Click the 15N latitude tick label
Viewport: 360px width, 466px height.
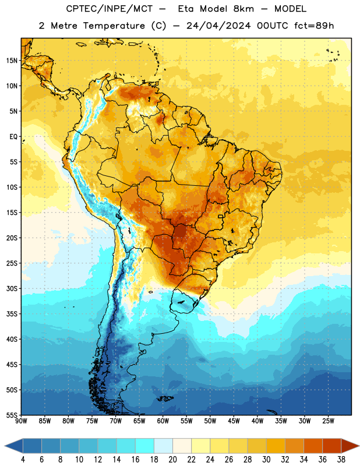pos(12,61)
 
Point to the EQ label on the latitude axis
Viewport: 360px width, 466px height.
pos(13,137)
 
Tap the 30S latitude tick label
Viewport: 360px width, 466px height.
pos(12,288)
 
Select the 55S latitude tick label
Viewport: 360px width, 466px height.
pos(12,415)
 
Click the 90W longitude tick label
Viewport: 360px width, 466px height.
pos(21,421)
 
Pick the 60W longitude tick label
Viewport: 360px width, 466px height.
pos(163,421)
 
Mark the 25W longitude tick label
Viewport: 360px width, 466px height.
pos(328,421)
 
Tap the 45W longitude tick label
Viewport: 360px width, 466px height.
pos(234,421)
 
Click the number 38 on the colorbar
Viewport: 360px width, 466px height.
pos(341,460)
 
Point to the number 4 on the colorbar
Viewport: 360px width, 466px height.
pos(23,460)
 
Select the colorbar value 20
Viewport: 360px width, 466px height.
pos(172,460)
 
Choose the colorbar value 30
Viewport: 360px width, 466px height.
pos(266,460)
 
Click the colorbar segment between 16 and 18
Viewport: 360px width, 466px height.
pos(145,446)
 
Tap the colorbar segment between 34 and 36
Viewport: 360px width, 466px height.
pos(313,446)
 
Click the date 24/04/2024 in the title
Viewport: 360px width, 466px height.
pos(218,26)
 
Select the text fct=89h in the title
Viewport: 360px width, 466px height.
pos(314,26)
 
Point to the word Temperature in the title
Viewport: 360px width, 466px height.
pos(114,26)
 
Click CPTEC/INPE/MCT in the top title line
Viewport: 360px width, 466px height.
pos(110,9)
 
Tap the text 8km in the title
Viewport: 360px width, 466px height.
pos(243,9)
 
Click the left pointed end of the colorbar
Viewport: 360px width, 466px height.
pos(5,446)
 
